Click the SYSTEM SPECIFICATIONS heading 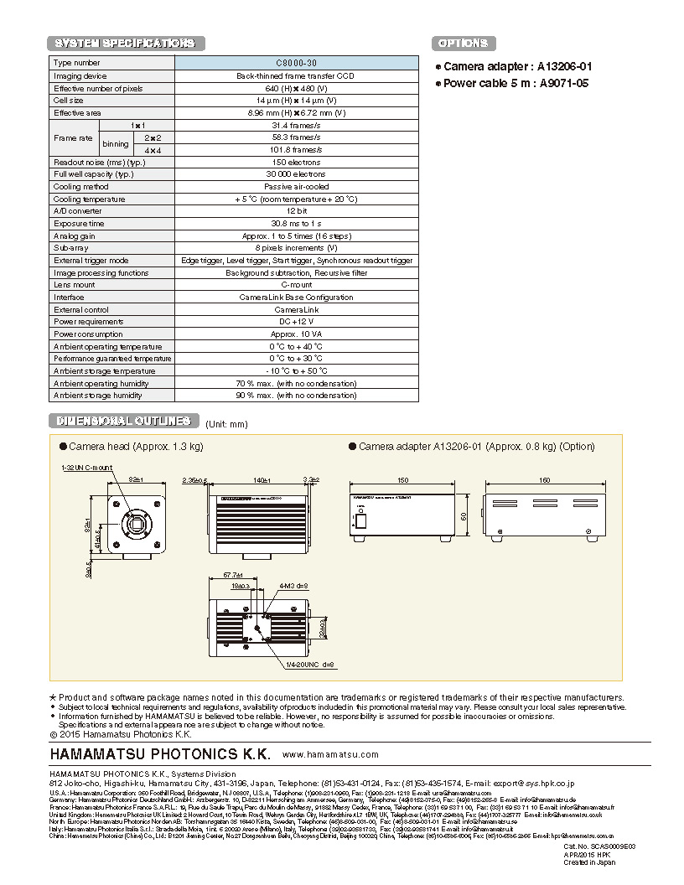pos(125,44)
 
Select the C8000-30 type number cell pos(296,63)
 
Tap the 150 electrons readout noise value pos(296,162)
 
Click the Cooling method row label pos(80,187)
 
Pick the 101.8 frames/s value pos(296,150)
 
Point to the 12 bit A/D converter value pos(296,211)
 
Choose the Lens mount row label pos(75,285)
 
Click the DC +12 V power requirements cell pos(296,322)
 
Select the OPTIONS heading pos(463,44)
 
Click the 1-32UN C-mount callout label pos(86,467)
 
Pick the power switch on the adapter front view pos(361,520)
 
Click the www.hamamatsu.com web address pos(330,754)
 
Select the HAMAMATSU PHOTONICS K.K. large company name pos(160,753)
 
